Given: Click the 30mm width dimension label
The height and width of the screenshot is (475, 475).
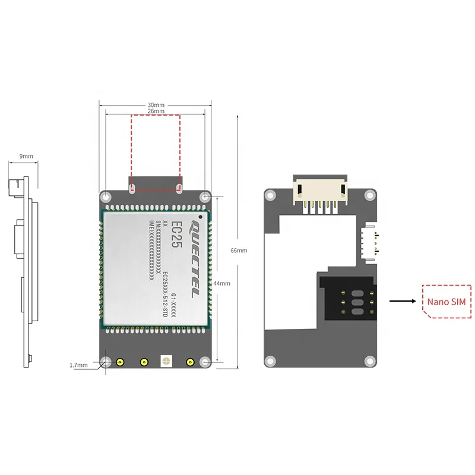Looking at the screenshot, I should (x=156, y=105).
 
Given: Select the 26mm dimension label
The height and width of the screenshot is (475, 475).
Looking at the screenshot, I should (x=156, y=111).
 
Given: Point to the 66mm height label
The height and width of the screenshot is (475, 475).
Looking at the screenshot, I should (x=239, y=251).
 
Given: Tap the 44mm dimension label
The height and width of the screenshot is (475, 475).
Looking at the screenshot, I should (x=221, y=283).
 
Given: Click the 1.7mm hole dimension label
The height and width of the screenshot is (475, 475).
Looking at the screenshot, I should (x=78, y=365).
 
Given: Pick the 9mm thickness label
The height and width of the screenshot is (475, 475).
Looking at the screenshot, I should (x=26, y=156).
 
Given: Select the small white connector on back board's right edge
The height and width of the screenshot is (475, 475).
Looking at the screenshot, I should (x=369, y=243).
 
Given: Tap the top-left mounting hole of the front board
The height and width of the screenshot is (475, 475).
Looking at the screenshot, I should (x=106, y=197).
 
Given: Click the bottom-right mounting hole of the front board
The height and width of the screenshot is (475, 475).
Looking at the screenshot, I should (x=205, y=362).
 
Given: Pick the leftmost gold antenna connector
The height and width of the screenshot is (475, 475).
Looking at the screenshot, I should (x=120, y=362).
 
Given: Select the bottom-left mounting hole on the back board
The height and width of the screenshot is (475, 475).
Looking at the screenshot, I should (x=270, y=360).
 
